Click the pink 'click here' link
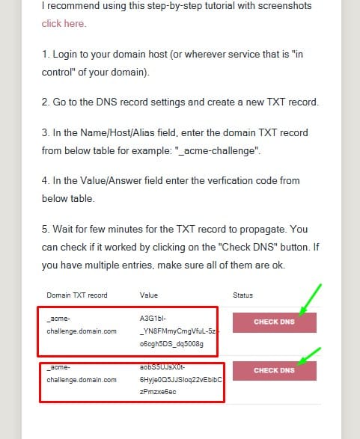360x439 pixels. [64, 23]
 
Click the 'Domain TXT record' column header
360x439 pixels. [77, 295]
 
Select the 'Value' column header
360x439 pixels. [149, 295]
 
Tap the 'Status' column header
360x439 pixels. [243, 295]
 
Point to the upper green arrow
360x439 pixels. [310, 300]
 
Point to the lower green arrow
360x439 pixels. [308, 357]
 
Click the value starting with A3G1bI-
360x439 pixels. [179, 331]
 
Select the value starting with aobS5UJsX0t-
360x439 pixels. [180, 379]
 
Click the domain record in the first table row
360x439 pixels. [82, 325]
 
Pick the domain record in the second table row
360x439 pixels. [82, 373]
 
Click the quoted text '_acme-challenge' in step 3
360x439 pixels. [217, 151]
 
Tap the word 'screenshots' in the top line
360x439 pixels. [284, 6]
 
